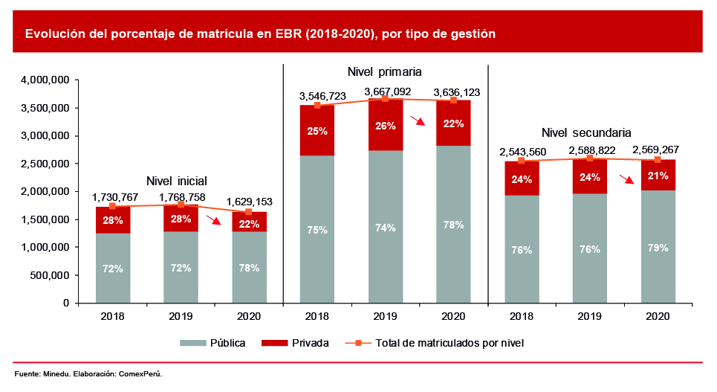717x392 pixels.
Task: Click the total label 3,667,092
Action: point(386,91)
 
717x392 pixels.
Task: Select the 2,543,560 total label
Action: point(522,152)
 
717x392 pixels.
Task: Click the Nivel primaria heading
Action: point(385,72)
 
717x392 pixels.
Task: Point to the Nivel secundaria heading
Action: point(586,132)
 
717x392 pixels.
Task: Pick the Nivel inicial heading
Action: point(176,180)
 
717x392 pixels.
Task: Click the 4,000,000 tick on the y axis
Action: point(45,80)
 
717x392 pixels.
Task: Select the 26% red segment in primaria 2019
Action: point(386,126)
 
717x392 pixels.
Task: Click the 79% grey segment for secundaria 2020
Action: point(658,247)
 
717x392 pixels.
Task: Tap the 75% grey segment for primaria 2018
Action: point(317,230)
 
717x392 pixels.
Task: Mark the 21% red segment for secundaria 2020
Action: point(658,176)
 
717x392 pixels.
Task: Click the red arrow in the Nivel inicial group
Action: point(214,219)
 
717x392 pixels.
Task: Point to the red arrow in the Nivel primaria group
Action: point(420,122)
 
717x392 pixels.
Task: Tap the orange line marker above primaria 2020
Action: point(453,100)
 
